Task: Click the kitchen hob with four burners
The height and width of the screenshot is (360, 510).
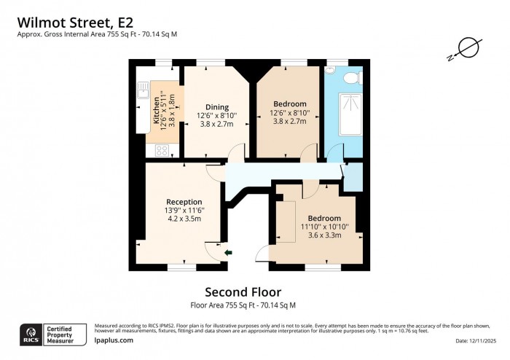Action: (160, 152)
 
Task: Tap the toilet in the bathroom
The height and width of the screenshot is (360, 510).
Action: (349, 78)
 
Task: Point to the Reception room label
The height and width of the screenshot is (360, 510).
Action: (184, 202)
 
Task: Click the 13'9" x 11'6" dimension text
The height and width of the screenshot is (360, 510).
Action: (184, 210)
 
